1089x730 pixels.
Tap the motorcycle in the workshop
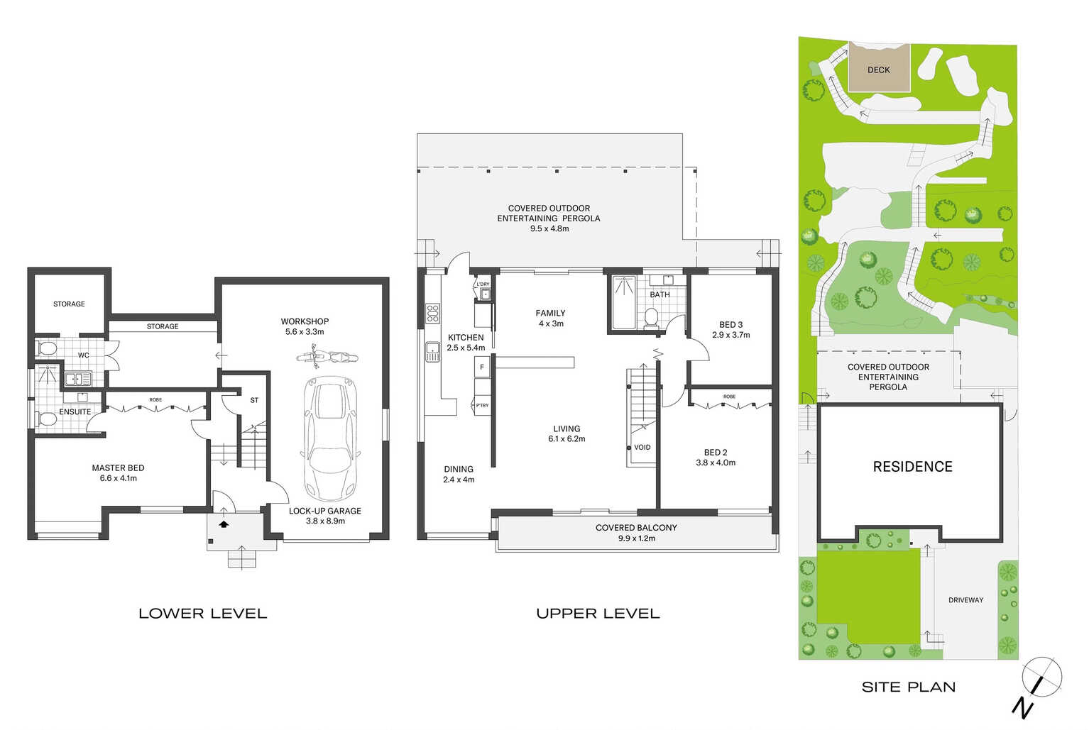327,357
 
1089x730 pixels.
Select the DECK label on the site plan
878,70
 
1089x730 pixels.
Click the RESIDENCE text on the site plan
912,467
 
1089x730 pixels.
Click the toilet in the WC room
47,348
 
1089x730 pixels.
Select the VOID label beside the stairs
642,448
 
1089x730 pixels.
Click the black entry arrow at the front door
224,524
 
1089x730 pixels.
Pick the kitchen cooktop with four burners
432,314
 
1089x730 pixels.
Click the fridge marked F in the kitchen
482,367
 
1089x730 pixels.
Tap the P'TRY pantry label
482,405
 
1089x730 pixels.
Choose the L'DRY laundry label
483,284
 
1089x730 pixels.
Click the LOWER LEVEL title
203,614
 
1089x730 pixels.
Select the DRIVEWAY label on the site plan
965,600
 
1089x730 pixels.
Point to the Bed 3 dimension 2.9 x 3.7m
730,335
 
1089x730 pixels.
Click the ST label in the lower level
254,401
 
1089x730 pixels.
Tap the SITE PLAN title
909,687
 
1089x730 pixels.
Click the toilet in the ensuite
46,419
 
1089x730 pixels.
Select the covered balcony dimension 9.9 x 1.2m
636,538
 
